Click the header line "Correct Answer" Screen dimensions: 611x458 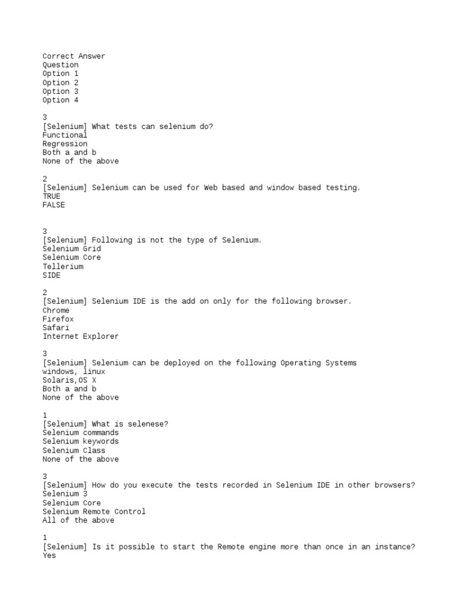(x=73, y=56)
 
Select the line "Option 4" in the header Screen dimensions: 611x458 (x=60, y=100)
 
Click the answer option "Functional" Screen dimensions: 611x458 (x=64, y=135)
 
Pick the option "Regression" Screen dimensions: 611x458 (x=64, y=144)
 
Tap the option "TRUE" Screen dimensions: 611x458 (x=51, y=196)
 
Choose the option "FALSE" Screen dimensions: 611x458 (x=54, y=205)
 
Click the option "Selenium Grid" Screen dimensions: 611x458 (x=72, y=249)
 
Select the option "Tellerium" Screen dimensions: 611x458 (x=63, y=267)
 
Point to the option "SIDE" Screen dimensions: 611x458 (x=51, y=275)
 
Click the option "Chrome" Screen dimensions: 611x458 (x=55, y=310)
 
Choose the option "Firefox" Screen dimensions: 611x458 (x=58, y=319)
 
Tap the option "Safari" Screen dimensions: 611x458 (x=55, y=328)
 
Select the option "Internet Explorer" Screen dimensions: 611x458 (x=81, y=337)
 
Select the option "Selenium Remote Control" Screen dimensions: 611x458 (x=94, y=511)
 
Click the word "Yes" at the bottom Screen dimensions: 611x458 (x=49, y=556)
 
